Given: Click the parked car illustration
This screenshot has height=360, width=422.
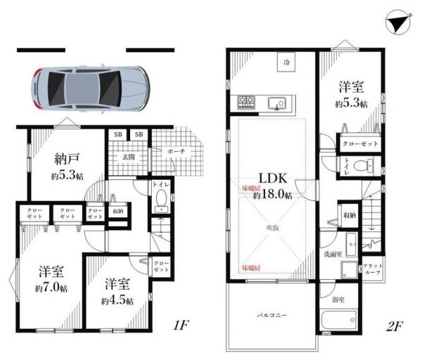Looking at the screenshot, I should (89, 88).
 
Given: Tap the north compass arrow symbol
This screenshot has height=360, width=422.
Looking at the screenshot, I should (396, 24).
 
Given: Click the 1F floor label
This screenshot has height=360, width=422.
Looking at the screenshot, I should (181, 326).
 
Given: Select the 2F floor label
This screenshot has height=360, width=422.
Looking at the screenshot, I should (395, 326).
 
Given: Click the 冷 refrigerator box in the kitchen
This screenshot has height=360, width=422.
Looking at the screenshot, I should (286, 64).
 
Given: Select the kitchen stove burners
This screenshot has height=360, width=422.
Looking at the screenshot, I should (246, 103).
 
